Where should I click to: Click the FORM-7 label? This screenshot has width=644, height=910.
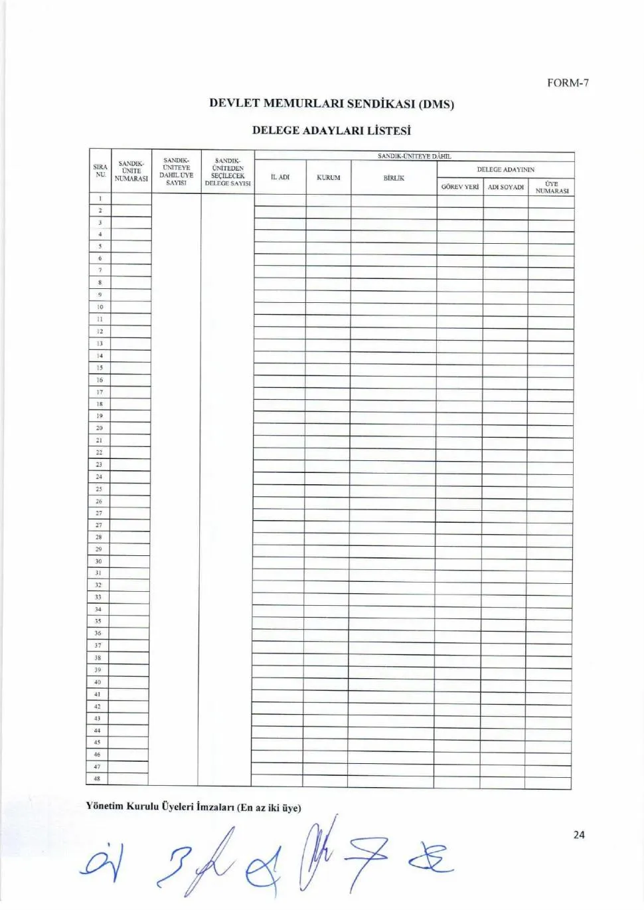pyautogui.click(x=568, y=83)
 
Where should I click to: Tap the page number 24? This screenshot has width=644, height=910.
pyautogui.click(x=579, y=835)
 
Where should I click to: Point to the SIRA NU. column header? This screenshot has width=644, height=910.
pyautogui.click(x=100, y=171)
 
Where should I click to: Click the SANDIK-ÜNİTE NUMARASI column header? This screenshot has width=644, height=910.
pyautogui.click(x=131, y=171)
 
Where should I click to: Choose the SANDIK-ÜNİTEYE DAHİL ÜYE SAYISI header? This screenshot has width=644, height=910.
pyautogui.click(x=176, y=171)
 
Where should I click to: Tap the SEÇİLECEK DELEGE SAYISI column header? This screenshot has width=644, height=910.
pyautogui.click(x=228, y=172)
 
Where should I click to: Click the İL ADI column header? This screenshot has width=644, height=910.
pyautogui.click(x=280, y=177)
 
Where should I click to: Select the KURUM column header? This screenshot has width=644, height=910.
pyautogui.click(x=329, y=177)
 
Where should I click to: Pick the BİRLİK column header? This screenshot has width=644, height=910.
pyautogui.click(x=394, y=177)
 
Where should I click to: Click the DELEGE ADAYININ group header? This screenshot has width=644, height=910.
pyautogui.click(x=505, y=169)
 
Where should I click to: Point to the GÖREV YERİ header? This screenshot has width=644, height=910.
pyautogui.click(x=459, y=187)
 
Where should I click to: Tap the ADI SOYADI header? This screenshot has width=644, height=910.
pyautogui.click(x=506, y=187)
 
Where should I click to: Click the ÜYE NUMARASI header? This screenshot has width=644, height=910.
pyautogui.click(x=552, y=187)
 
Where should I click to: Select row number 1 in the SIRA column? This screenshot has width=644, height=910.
pyautogui.click(x=100, y=198)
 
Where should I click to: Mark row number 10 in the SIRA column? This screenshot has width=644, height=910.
pyautogui.click(x=100, y=307)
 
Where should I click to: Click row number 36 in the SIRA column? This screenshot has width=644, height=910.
pyautogui.click(x=98, y=633)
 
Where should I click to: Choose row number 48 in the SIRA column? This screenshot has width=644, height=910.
pyautogui.click(x=97, y=778)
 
